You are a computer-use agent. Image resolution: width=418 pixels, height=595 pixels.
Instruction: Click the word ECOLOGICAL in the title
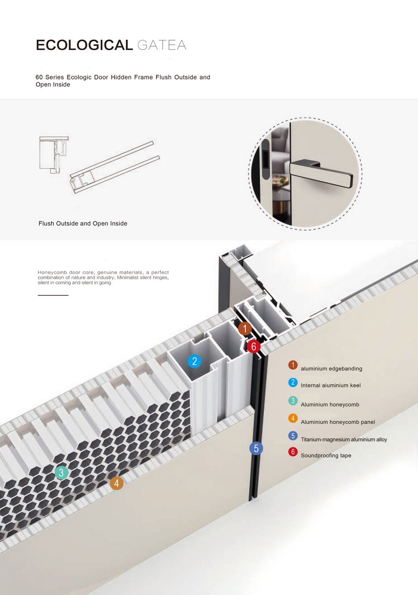pos(84,45)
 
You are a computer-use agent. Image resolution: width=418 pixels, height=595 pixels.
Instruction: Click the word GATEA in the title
pos(162,45)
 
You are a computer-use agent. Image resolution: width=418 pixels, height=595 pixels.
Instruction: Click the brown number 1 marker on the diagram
pos(245,328)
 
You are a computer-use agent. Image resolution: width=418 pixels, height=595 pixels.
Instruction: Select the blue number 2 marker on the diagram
pos(194,361)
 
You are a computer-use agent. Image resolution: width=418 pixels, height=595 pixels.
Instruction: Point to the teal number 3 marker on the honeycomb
pos(61,473)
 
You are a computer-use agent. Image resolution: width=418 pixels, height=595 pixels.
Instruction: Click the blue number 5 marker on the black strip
pos(256,448)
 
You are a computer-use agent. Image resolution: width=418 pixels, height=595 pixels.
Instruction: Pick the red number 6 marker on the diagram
pos(253,346)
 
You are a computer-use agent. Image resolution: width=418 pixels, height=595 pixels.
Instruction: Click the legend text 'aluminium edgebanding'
pos(331,369)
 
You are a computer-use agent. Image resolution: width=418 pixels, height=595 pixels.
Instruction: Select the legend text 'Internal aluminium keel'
pos(331,385)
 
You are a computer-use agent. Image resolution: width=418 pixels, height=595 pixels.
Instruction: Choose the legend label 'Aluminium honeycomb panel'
pos(338,422)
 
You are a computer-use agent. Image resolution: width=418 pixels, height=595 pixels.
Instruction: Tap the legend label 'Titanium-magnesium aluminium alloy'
pos(344,440)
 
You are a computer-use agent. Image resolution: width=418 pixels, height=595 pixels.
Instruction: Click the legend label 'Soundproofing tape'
pos(326,455)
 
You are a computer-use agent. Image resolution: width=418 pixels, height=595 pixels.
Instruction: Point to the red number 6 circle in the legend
pos(293,452)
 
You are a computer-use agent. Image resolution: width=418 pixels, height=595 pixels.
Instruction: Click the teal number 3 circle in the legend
pos(293,401)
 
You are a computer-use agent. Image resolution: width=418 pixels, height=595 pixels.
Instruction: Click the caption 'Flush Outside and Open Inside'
pos(83,224)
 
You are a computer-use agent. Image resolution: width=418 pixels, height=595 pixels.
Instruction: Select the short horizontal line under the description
pos(53,295)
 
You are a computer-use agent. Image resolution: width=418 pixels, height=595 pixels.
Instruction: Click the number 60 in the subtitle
pos(39,77)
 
